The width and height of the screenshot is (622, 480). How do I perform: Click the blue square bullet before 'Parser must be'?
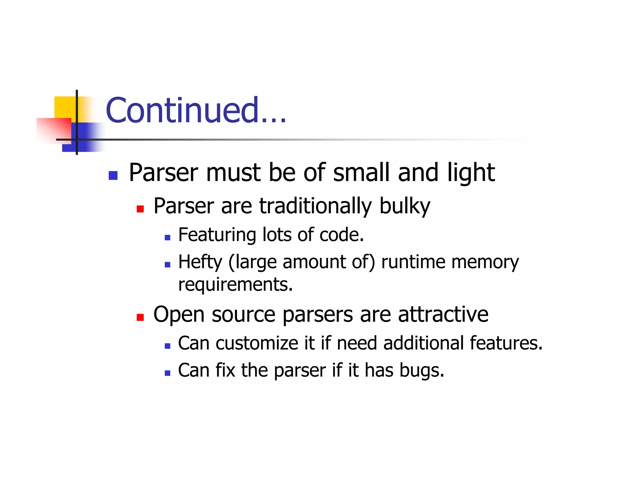coord(113,175)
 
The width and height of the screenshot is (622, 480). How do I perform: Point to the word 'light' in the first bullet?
coord(471,173)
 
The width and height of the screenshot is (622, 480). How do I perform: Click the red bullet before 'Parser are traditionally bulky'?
coord(140,209)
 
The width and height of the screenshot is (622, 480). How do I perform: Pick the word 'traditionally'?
coord(315,206)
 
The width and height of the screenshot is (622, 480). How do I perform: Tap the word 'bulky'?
coord(405,206)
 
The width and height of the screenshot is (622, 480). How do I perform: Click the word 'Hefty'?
coord(200,262)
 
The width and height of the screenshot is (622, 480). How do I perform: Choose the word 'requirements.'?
coord(235,285)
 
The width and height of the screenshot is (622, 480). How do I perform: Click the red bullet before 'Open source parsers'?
coord(140,317)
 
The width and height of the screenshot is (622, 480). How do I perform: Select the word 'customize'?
coord(257,343)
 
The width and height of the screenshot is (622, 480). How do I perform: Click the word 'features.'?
coord(506,343)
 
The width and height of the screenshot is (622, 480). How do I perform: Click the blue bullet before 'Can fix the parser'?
coord(167,373)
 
